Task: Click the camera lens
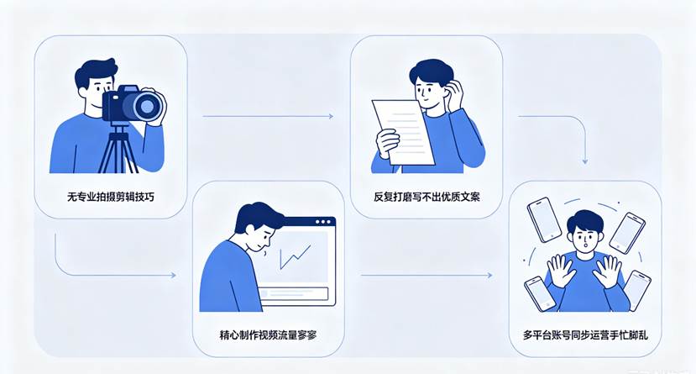tap(147, 106)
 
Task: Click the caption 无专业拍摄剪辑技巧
tap(111, 197)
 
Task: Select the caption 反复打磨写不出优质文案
tap(426, 197)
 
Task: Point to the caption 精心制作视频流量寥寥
tap(268, 334)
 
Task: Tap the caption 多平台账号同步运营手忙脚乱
tap(585, 334)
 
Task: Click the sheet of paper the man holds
tap(402, 132)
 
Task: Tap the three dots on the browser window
tap(322, 222)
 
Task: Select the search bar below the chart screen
tap(294, 293)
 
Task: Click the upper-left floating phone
tap(544, 219)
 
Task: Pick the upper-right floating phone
tap(627, 233)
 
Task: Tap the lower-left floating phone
tap(540, 293)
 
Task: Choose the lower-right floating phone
tap(636, 290)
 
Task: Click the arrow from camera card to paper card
tap(268, 116)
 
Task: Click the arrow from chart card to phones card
tap(426, 276)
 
